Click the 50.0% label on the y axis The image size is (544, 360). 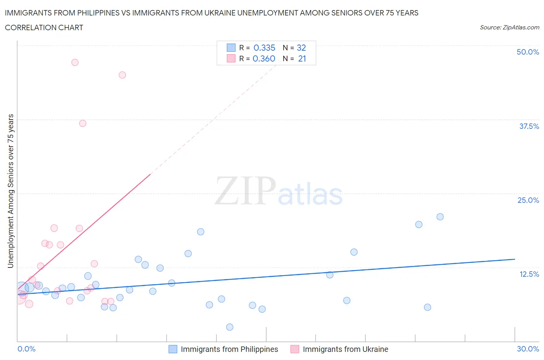(x=528, y=52)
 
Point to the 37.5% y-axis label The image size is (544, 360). (x=529, y=126)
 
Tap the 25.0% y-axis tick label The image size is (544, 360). (x=528, y=200)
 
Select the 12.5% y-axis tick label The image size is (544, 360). (x=529, y=274)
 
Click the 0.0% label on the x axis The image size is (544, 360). (x=26, y=349)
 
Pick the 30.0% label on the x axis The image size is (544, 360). (x=528, y=349)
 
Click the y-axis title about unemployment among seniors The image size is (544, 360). (x=10, y=191)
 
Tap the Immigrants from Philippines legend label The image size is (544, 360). (x=229, y=349)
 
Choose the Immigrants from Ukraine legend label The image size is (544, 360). (x=345, y=349)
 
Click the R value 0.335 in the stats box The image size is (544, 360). (x=264, y=48)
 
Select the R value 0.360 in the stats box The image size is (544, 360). (x=264, y=58)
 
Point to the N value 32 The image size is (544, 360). (x=301, y=48)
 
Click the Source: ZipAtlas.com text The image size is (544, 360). (x=509, y=27)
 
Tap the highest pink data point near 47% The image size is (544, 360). (x=75, y=62)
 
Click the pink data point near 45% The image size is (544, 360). (x=122, y=75)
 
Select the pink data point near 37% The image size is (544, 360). (x=82, y=123)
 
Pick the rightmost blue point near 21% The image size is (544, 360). (x=440, y=217)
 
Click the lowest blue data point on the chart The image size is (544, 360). (x=229, y=327)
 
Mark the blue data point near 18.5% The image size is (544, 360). (x=200, y=232)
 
